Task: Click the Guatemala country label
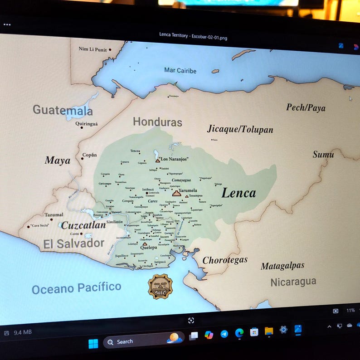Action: click(x=63, y=110)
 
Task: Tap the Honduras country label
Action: click(x=157, y=122)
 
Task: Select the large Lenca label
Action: click(x=238, y=193)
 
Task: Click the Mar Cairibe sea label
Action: click(x=180, y=71)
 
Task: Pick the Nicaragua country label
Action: click(x=293, y=282)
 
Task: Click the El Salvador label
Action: click(x=73, y=243)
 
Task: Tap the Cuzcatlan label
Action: click(x=83, y=225)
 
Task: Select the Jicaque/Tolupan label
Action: click(x=240, y=129)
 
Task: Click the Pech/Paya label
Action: click(x=306, y=107)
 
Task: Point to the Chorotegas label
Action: click(x=225, y=260)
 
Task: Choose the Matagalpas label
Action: click(x=282, y=266)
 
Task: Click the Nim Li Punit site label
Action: click(x=92, y=49)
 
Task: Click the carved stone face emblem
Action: click(x=160, y=286)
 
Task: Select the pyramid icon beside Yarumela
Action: click(x=176, y=193)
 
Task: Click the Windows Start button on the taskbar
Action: click(x=93, y=343)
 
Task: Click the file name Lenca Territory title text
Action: click(x=193, y=36)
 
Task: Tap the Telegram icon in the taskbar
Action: click(x=224, y=334)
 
